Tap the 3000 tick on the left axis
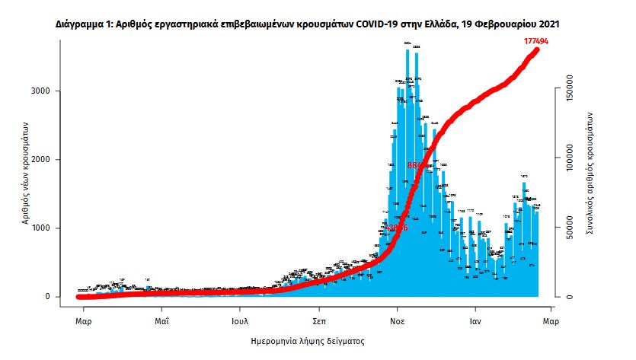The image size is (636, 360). tap(51, 91)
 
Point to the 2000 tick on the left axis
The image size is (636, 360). tap(51, 160)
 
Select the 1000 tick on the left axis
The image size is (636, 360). tap(51, 228)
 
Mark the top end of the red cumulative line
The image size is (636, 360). tap(537, 49)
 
